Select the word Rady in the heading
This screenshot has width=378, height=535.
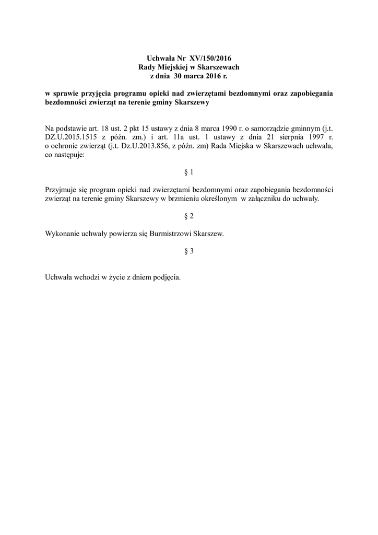click(x=147, y=67)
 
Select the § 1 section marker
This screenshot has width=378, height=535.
click(x=189, y=171)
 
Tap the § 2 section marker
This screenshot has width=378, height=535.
click(x=189, y=215)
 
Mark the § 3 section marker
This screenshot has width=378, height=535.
click(x=189, y=251)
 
